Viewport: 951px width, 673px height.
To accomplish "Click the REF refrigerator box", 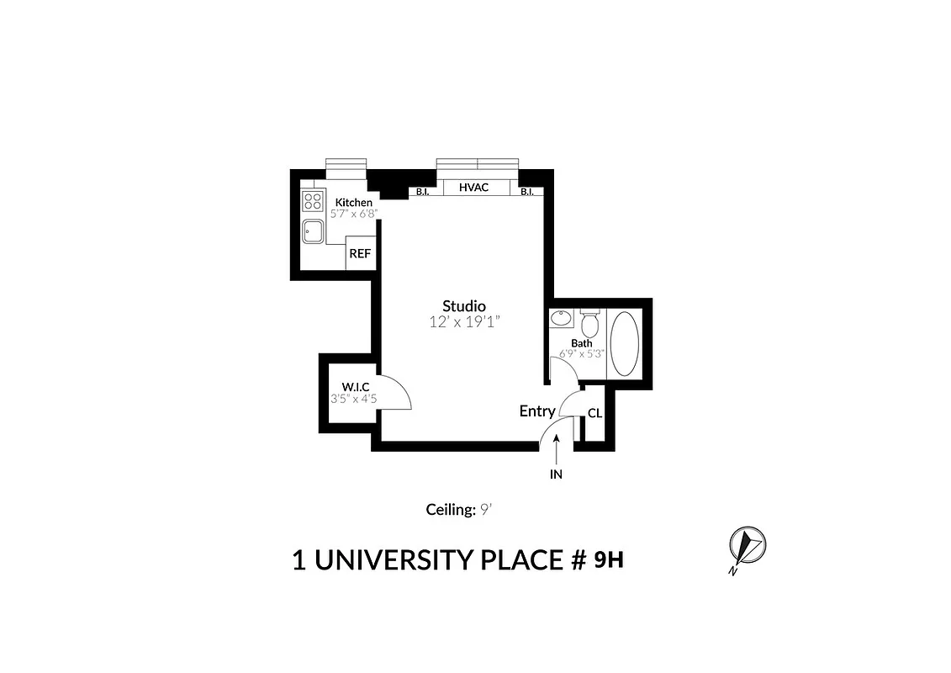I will click(x=360, y=253).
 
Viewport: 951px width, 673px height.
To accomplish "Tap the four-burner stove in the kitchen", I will click(x=313, y=201).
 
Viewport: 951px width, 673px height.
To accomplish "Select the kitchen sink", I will click(x=314, y=230).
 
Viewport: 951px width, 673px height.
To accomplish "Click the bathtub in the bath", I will click(x=623, y=343).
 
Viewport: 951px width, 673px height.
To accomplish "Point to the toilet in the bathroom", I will click(x=589, y=322).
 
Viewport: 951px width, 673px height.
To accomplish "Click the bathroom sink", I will click(x=561, y=319).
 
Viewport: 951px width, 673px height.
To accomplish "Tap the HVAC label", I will click(x=474, y=188).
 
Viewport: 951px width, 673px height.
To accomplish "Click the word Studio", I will click(x=464, y=305).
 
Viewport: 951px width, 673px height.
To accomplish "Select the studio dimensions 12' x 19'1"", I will click(x=465, y=321).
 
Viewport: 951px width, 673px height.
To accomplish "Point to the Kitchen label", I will click(x=353, y=203).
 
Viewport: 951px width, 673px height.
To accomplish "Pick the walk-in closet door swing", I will click(x=394, y=393).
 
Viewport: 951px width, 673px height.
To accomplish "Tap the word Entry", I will click(x=537, y=411).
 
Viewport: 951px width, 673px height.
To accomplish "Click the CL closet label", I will click(x=594, y=413).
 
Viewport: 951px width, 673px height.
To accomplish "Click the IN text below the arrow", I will click(x=556, y=474).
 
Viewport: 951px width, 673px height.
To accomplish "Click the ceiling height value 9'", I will click(x=484, y=509).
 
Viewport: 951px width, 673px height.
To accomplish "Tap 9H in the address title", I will click(x=609, y=559).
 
